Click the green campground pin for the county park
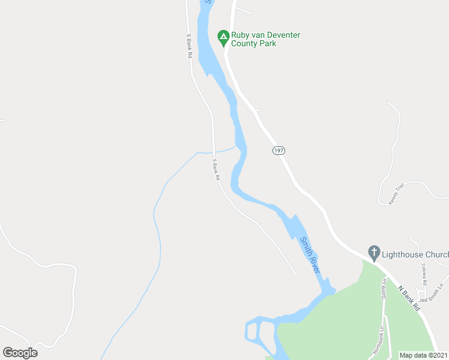pos(223,38)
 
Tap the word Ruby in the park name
pos(241,35)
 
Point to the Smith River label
pos(310,256)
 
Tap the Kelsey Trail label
pos(397,194)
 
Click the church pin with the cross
pos(374,253)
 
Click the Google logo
pos(20,352)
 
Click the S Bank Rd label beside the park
pos(188,45)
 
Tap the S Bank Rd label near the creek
pos(216,170)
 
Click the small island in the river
pos(252,331)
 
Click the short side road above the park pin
pos(243,10)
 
